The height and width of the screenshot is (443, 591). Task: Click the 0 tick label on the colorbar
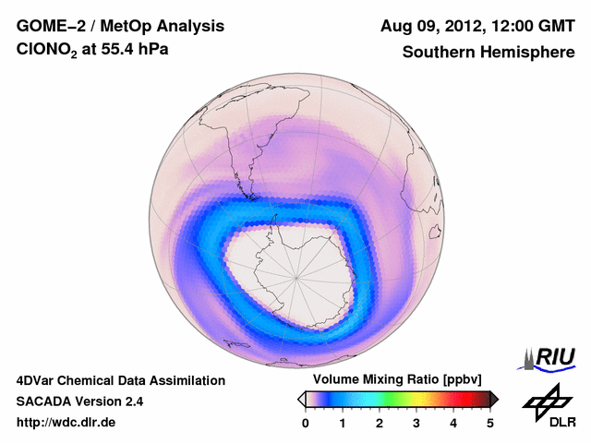pos(306,423)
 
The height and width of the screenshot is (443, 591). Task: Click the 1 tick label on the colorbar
pos(343,423)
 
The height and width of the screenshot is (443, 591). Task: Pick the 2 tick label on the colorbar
pos(380,423)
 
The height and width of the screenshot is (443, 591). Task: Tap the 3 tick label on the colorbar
pos(416,423)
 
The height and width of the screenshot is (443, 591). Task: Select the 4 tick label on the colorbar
pos(453,423)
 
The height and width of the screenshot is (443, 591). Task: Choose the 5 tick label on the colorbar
pos(490,423)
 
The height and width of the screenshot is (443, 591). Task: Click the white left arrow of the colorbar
pos(301,399)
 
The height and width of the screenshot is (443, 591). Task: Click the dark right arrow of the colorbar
pos(495,399)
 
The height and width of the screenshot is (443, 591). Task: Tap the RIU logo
pos(550,357)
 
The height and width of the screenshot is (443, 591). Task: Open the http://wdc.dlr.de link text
pos(66,423)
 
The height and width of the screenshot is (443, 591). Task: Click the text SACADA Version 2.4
pos(79,401)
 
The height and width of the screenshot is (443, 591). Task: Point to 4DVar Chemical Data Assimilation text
pos(120,380)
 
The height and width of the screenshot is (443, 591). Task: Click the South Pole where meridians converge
pos(296,276)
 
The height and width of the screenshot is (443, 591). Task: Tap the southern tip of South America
pos(247,195)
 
